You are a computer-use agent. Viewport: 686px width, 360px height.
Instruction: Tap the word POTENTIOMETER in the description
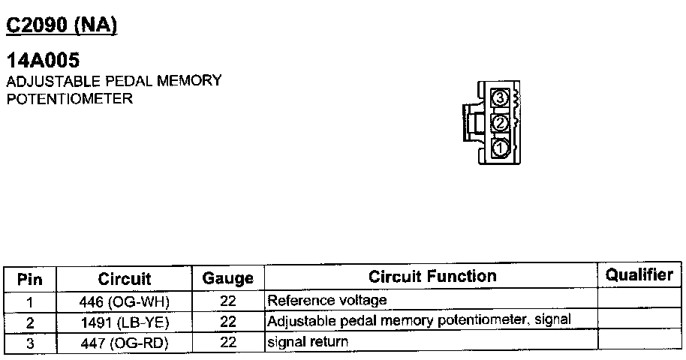69,98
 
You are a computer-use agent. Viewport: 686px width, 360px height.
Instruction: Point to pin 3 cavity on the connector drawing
500,98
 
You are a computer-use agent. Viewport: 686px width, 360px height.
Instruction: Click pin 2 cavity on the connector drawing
500,122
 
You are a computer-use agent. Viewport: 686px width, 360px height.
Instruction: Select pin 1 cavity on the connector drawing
500,147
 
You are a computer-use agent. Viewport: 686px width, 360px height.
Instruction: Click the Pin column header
30,279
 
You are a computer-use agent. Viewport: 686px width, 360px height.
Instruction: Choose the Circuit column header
125,279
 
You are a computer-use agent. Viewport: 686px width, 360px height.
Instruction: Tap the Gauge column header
227,279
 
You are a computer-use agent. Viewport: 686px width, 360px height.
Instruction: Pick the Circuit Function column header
432,277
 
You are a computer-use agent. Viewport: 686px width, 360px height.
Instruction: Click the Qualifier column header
639,275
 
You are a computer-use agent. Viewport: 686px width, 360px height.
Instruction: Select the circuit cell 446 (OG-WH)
125,301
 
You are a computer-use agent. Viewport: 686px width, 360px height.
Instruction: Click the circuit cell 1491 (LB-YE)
125,322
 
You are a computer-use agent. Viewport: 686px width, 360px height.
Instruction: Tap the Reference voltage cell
327,301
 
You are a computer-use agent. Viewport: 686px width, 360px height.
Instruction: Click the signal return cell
308,342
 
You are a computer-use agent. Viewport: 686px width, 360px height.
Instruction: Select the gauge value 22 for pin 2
228,322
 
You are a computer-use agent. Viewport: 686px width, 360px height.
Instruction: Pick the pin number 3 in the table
30,343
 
